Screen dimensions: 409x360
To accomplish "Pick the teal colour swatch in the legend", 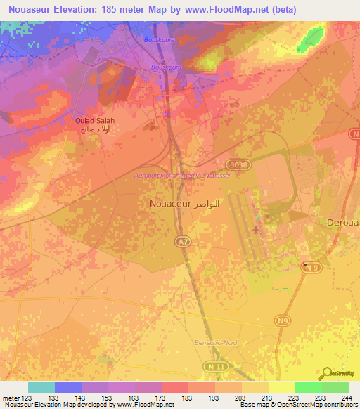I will point(41,387).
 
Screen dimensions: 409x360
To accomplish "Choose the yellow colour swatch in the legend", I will point(281,387).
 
